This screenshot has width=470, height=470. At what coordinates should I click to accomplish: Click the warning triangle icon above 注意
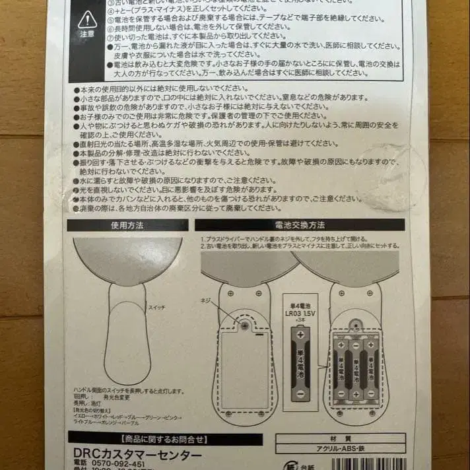(86, 20)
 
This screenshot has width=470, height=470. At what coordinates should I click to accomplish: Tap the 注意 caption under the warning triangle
(86, 33)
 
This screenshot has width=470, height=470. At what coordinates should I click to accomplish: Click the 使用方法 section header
(127, 225)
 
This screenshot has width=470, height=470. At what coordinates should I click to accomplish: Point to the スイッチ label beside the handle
(156, 308)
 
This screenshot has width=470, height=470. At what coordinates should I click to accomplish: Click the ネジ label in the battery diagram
(205, 301)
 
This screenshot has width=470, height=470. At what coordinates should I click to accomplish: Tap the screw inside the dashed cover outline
(245, 325)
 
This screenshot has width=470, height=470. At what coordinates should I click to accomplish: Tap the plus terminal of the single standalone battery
(300, 336)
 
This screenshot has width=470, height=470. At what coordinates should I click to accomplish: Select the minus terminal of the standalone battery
(300, 395)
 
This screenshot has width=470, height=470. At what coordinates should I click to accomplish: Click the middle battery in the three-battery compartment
(355, 367)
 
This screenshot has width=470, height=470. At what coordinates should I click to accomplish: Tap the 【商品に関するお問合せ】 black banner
(165, 438)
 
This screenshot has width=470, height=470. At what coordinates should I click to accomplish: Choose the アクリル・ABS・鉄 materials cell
(340, 448)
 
